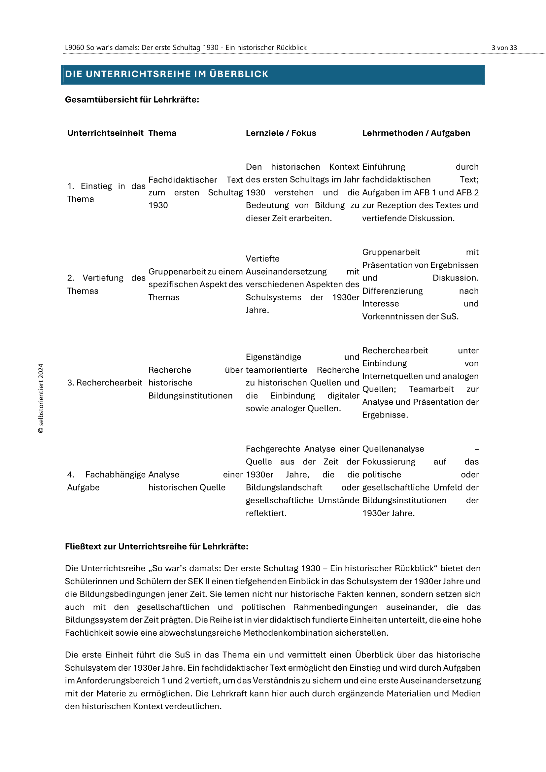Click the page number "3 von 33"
point(504,48)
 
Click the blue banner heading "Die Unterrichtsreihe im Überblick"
point(166,74)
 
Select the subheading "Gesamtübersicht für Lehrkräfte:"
point(132,100)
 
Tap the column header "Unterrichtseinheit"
point(105,133)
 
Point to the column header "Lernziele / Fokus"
point(281,133)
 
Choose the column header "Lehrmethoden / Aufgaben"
point(416,133)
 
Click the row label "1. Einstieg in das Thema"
point(106,193)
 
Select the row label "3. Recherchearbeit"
point(105,383)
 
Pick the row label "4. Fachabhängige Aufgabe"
point(106,481)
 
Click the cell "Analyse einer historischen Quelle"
point(195,481)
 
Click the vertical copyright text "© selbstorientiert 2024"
point(41,398)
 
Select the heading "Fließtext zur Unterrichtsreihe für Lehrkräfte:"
point(156,547)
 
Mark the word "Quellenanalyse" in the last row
point(393,449)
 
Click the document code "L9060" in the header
point(74,48)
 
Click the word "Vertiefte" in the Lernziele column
point(262,259)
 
